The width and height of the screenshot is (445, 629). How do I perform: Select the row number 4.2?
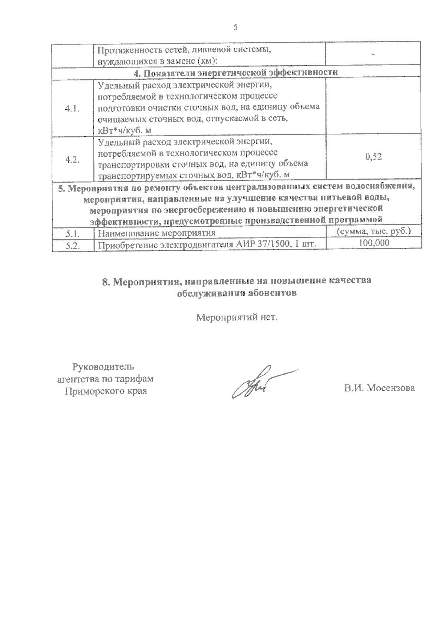[73, 160]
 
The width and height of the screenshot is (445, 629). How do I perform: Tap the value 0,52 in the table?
[373, 157]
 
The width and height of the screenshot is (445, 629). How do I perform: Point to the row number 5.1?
[73, 233]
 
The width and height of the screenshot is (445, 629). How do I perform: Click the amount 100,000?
[374, 243]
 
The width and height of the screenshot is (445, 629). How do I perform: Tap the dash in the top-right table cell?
[373, 54]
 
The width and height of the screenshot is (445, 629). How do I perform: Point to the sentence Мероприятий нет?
[237, 317]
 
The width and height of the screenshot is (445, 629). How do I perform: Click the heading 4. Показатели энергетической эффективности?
[236, 73]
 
